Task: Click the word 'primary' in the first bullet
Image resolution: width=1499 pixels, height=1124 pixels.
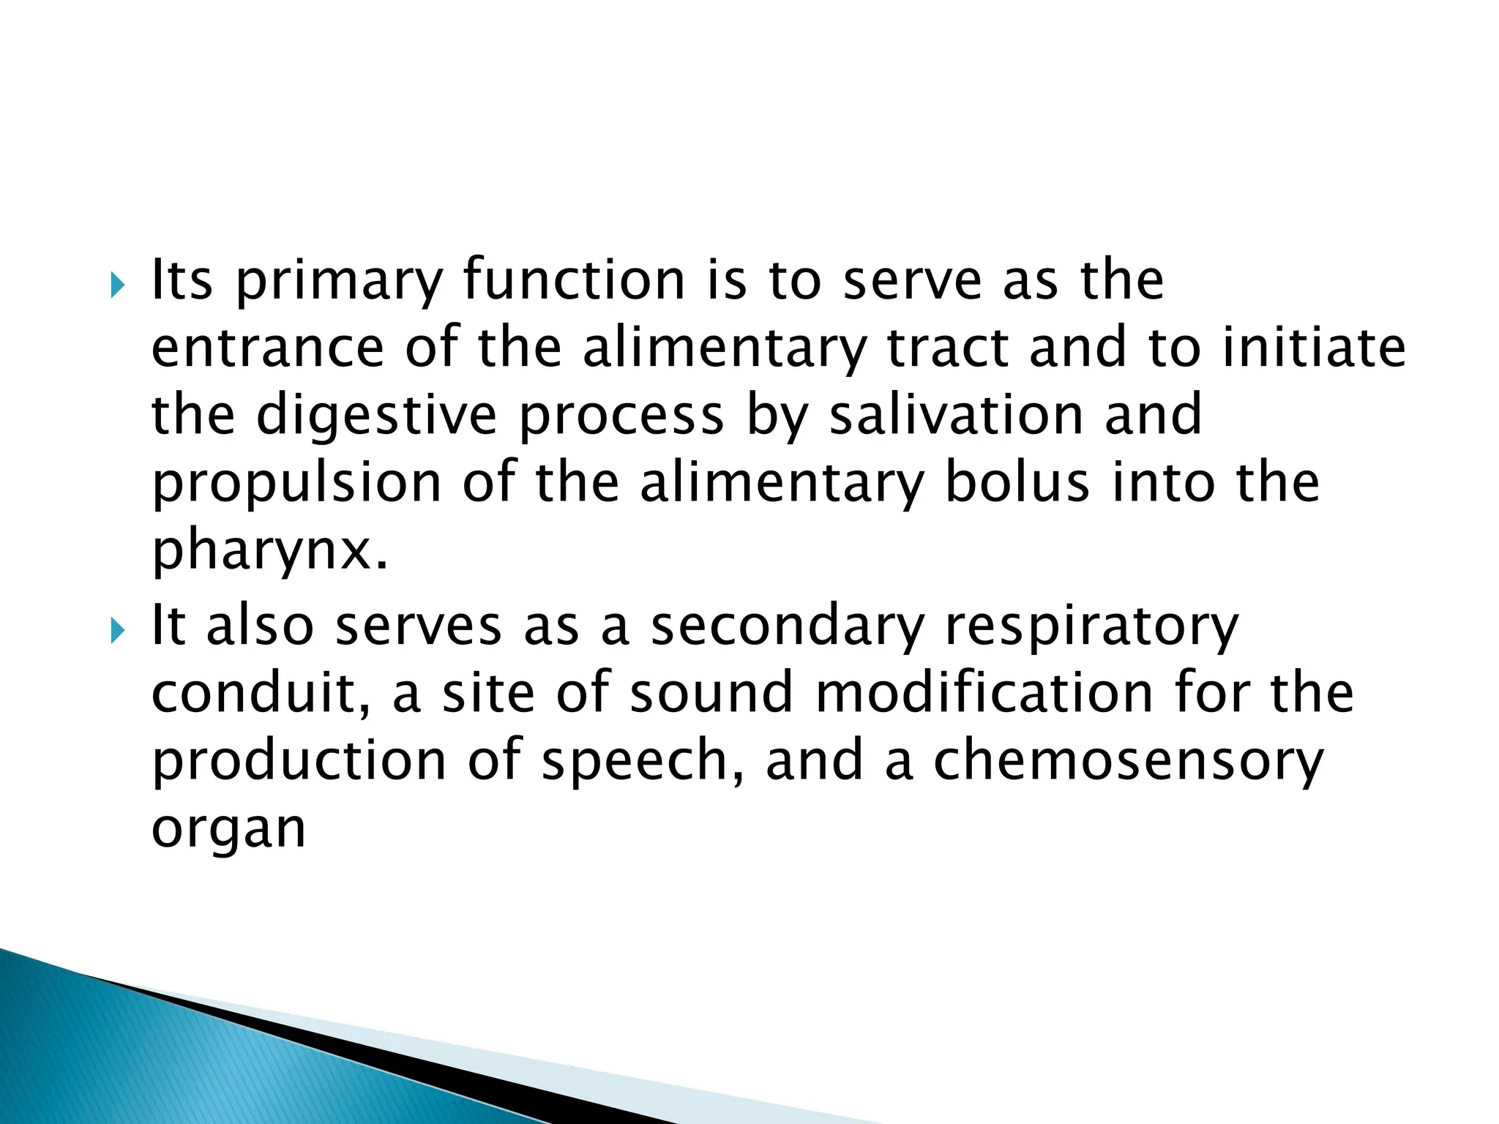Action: [x=340, y=282]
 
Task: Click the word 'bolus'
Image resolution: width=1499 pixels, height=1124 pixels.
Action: [x=1017, y=483]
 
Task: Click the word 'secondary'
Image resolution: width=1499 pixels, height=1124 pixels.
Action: [x=788, y=627]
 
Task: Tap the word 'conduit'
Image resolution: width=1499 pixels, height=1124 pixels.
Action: [x=253, y=693]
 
